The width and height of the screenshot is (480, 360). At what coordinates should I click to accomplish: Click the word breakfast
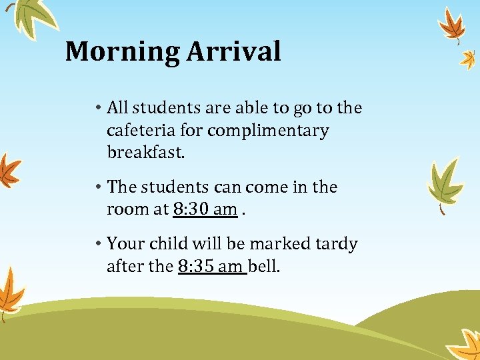[x=145, y=153]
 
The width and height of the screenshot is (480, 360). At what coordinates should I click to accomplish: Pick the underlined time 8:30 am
[x=205, y=209]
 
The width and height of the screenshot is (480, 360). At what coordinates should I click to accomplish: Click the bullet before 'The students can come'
[x=97, y=187]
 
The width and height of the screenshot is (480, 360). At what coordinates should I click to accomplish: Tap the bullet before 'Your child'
[x=97, y=244]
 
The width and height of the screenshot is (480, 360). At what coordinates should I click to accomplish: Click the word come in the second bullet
[x=269, y=187]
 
